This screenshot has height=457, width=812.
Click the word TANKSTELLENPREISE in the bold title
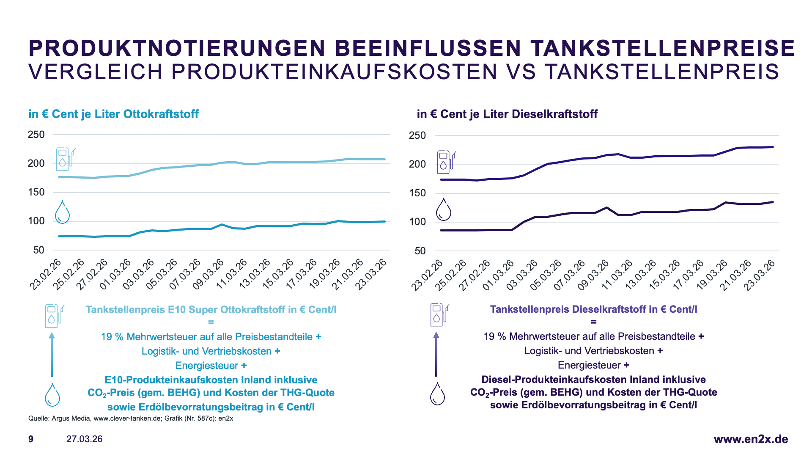(663, 48)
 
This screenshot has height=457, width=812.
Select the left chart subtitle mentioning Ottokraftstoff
(113, 114)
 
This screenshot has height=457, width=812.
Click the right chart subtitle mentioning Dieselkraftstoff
(507, 114)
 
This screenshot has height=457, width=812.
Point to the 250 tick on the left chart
(36, 135)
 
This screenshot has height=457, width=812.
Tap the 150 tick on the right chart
(417, 193)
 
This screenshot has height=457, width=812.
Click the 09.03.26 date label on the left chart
(208, 274)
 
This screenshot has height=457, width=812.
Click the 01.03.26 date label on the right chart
(498, 275)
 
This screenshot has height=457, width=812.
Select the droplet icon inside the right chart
(443, 209)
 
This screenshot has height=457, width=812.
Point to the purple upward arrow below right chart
(436, 354)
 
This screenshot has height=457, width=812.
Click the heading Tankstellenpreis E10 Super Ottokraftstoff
(211, 310)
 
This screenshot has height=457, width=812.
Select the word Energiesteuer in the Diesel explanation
(589, 365)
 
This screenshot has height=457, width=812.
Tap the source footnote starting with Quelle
(131, 418)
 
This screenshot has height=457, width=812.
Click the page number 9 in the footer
(31, 439)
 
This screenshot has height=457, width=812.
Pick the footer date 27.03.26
(84, 439)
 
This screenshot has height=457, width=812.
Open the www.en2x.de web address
(751, 439)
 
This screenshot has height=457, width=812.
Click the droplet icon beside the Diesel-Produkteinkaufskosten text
(437, 394)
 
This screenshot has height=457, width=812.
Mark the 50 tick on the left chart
(38, 250)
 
